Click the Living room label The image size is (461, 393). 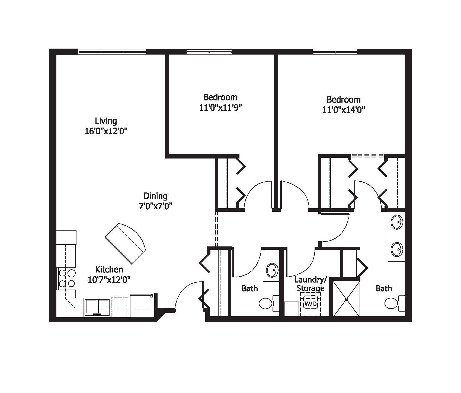coord(106,121)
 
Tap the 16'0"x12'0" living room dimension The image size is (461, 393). coord(106,131)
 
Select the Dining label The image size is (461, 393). coord(155,196)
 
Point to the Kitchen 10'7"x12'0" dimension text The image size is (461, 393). coord(109,280)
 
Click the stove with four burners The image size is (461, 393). coord(67,278)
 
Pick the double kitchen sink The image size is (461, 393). coord(97,307)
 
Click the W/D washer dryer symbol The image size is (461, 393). coord(310,304)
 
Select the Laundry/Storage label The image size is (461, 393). coord(310,284)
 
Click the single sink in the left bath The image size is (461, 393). coord(272,270)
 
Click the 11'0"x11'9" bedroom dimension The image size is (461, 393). coord(220,108)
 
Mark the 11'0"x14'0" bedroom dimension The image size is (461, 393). coord(343,110)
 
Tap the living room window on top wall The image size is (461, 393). coord(112,52)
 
